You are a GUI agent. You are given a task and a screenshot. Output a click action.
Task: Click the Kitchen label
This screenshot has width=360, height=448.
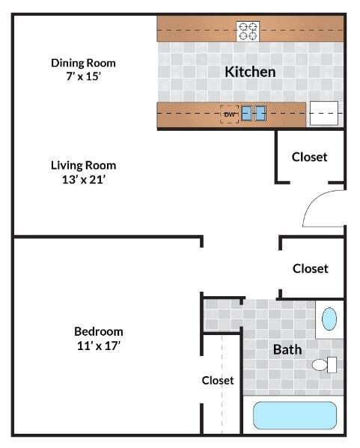click(x=250, y=72)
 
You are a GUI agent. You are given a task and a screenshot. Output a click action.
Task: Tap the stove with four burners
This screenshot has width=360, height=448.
click(x=248, y=31)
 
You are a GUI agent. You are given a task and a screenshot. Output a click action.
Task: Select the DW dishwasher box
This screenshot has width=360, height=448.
click(x=229, y=114)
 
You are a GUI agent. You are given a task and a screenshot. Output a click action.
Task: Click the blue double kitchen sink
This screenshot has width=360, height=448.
click(x=254, y=114)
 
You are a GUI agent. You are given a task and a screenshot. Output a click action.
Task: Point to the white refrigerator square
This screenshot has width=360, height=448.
click(x=323, y=114)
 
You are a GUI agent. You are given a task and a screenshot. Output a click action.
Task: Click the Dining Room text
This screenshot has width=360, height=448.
click(x=83, y=63)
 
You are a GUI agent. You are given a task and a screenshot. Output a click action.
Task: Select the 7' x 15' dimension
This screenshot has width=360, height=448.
click(x=83, y=78)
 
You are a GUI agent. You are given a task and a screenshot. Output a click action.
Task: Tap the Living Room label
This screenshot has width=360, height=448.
click(x=83, y=165)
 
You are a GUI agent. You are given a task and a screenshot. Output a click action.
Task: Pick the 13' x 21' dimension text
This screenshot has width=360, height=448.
click(x=83, y=180)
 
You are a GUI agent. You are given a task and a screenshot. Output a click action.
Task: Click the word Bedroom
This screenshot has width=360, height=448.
click(x=98, y=331)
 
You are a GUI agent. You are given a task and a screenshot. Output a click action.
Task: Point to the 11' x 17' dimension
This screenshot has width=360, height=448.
click(x=98, y=346)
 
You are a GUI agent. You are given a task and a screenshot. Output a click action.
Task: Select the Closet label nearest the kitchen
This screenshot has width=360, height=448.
click(x=309, y=157)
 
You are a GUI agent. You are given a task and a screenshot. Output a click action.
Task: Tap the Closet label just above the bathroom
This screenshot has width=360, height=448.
click(x=310, y=269)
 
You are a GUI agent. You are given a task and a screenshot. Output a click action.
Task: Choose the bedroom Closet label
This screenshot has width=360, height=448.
click(x=218, y=380)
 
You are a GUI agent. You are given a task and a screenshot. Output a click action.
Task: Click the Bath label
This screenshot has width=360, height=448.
click(x=287, y=349)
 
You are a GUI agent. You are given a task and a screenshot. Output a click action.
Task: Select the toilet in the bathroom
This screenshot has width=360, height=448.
click(x=323, y=365)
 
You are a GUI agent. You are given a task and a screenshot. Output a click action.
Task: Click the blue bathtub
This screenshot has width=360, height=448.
click(x=295, y=415)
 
